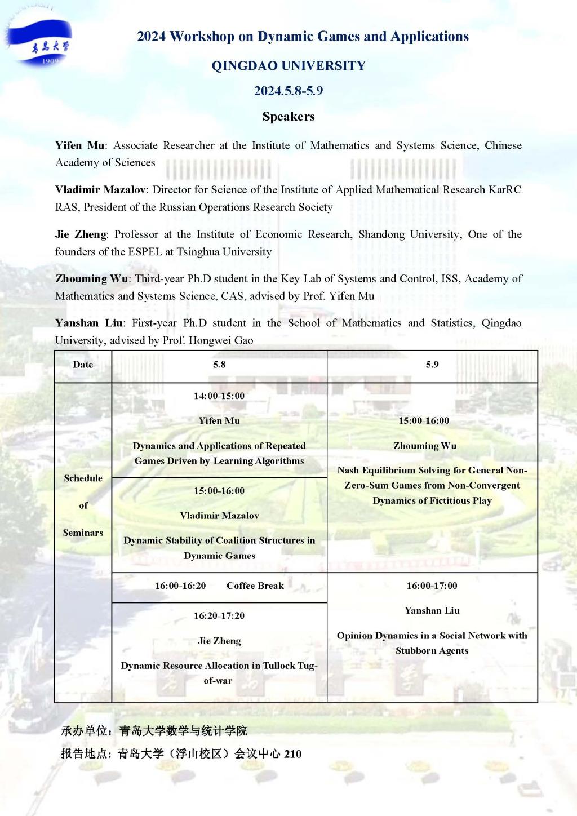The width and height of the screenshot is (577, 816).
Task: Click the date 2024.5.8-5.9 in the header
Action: click(288, 91)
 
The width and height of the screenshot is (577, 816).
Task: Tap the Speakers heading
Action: click(288, 117)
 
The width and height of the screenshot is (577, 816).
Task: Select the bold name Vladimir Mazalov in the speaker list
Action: click(100, 189)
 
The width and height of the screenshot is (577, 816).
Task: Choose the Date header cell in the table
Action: click(83, 365)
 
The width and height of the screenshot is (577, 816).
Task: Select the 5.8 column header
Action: click(219, 365)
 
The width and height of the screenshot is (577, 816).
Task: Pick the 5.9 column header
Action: click(432, 365)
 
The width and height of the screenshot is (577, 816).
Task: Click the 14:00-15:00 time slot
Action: click(219, 396)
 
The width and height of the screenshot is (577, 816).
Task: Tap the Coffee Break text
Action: click(255, 586)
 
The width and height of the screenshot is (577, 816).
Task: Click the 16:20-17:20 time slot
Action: click(219, 615)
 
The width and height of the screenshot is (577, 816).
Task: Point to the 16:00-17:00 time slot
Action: click(432, 586)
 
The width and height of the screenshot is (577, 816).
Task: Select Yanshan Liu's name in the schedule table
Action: click(432, 610)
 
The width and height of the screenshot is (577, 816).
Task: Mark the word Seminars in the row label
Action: click(83, 533)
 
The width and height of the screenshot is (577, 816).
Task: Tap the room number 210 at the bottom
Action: click(292, 754)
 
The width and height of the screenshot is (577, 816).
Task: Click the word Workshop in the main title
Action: click(202, 37)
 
